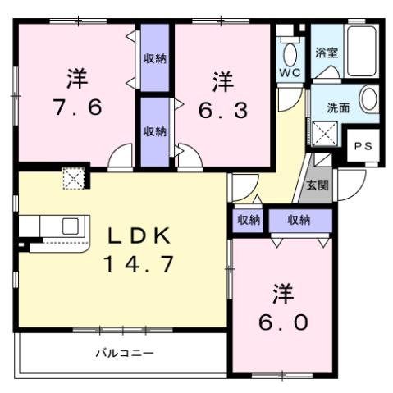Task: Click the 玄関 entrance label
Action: (318, 185)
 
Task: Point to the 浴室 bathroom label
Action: (327, 53)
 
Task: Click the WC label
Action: (289, 72)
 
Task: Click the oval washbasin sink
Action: (368, 101)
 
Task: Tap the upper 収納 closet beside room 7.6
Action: (153, 58)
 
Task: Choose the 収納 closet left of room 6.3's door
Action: (153, 130)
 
